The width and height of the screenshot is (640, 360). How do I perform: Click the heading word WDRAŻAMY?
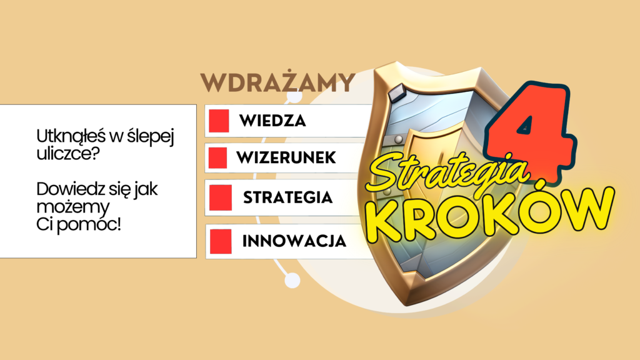[x=277, y=83]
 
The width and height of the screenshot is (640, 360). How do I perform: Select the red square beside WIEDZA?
[x=219, y=121]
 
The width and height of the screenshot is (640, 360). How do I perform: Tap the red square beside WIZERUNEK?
[x=217, y=157]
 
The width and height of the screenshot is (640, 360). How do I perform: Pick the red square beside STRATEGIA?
[x=221, y=197]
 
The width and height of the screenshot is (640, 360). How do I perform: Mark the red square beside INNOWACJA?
[x=221, y=241]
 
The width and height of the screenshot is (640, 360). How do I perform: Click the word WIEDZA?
[x=272, y=121]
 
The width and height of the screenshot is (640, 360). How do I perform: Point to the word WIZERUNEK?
[x=286, y=157]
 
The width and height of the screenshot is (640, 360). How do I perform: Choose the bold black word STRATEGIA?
[x=287, y=197]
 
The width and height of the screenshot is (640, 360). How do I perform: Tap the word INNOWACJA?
[x=294, y=241]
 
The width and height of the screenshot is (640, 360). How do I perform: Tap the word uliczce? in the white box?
[x=67, y=154]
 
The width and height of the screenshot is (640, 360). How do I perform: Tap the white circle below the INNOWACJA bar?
[x=292, y=281]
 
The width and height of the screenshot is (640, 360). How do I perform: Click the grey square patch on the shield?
[x=396, y=93]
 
